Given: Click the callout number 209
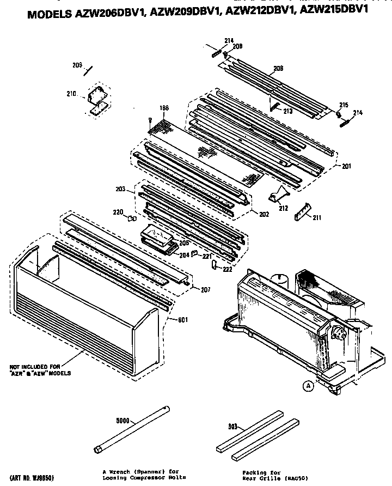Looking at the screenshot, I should coord(77,66).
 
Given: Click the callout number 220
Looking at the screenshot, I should coord(118,212).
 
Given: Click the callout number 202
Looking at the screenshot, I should coord(264,214).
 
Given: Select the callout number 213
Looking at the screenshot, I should coord(287,111).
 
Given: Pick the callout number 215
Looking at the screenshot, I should coord(344,105).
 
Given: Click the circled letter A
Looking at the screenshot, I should coord(309,386).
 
